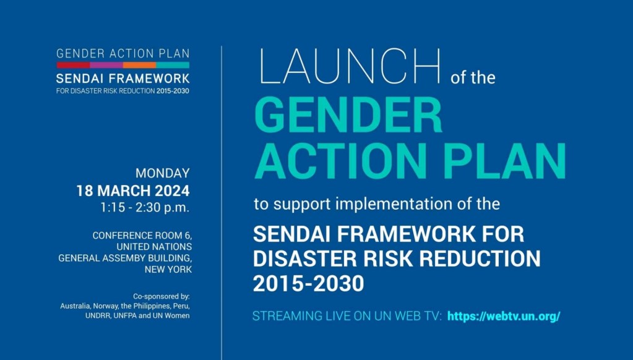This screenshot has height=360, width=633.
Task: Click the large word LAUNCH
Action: (350, 66)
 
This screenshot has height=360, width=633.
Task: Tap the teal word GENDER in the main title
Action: (348, 116)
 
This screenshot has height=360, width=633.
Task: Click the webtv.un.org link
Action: (504, 316)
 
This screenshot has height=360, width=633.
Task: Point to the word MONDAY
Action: (162, 173)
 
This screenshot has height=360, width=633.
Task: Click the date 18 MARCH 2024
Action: (133, 191)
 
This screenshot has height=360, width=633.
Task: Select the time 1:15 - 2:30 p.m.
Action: (145, 207)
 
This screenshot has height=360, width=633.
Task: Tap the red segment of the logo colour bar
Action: (73, 65)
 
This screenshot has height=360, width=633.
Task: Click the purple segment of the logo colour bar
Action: (106, 65)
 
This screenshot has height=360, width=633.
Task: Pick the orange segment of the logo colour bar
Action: (140, 65)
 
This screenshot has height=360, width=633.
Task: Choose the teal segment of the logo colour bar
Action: (173, 65)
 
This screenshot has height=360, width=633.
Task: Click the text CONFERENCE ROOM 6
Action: (142, 236)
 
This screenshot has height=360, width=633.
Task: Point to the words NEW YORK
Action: (168, 269)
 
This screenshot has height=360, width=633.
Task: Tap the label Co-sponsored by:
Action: (161, 297)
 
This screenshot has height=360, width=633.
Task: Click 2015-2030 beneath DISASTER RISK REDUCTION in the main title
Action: (308, 283)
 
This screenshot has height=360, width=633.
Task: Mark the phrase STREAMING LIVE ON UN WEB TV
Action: (347, 316)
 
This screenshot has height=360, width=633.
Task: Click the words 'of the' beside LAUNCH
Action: (473, 77)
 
